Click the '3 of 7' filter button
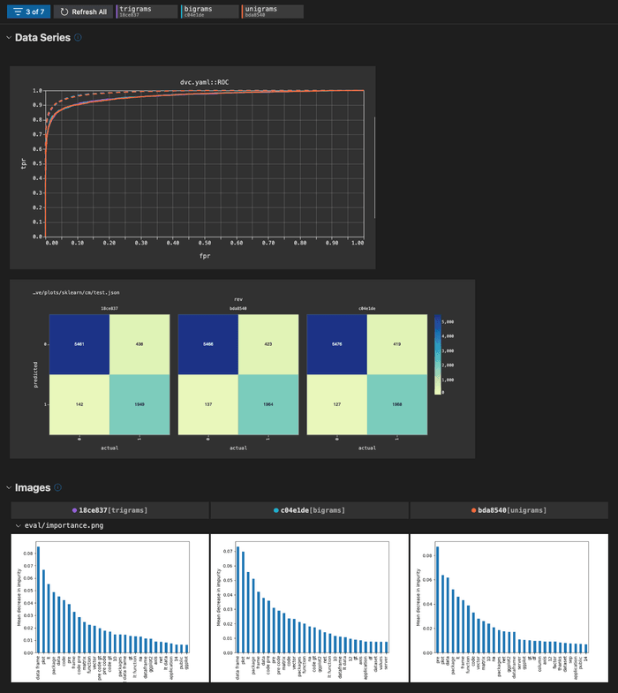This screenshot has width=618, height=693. point(27,11)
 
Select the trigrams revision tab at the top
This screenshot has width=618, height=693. point(145,11)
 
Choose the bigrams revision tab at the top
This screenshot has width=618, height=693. point(208,11)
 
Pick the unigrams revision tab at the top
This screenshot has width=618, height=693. point(272,11)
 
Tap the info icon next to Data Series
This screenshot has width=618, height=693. point(79,38)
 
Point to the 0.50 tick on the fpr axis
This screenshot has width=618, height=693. point(206,243)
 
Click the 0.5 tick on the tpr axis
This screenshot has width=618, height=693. point(37,163)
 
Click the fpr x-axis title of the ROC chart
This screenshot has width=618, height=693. point(204,257)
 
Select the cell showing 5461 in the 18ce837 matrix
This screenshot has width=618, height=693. point(79,344)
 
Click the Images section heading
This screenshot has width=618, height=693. point(33,487)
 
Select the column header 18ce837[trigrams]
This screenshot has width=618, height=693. point(109,510)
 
